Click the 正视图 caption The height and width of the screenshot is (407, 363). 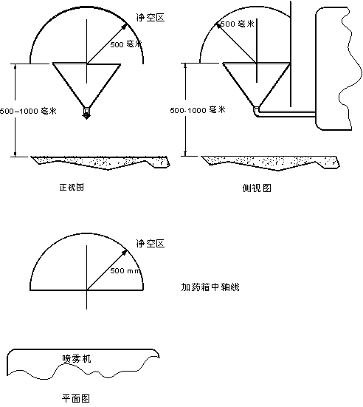[72, 187]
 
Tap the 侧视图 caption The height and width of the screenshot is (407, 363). [257, 188]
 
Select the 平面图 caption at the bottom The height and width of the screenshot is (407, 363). [76, 398]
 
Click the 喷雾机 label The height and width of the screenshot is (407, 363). [77, 358]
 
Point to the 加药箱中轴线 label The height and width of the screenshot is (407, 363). [210, 287]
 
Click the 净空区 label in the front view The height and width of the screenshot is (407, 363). [151, 18]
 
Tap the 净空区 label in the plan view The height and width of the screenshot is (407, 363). [151, 244]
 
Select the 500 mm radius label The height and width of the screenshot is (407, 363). [125, 271]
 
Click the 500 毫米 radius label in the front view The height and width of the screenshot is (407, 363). [126, 44]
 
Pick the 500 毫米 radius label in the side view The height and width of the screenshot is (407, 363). [238, 24]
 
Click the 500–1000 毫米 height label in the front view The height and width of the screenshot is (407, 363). [28, 111]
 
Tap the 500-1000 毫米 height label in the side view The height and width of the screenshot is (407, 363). [198, 110]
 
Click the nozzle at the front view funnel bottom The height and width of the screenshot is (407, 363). [86, 113]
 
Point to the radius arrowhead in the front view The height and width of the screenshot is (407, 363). [125, 27]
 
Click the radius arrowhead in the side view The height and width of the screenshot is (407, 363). [218, 25]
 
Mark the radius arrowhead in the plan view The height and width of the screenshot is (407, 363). [125, 253]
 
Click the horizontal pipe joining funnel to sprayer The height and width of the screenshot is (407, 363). [287, 113]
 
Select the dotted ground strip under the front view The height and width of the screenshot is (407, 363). [100, 163]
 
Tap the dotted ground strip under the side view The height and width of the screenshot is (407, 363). [271, 163]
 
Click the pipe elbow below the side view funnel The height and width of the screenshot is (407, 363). [256, 112]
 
